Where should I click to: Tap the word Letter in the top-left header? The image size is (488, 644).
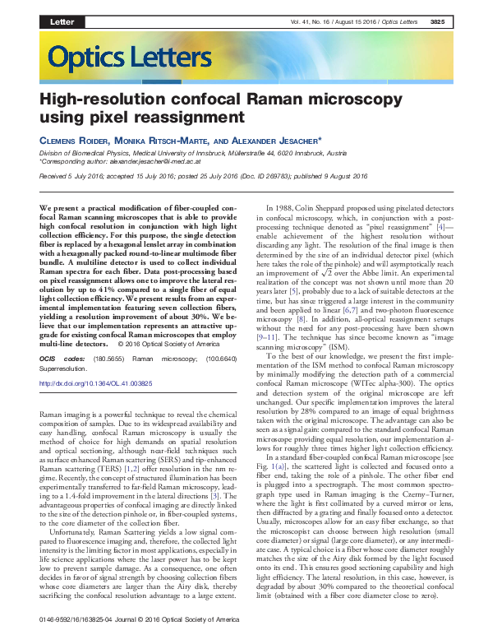pyautogui.click(x=62, y=21)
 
